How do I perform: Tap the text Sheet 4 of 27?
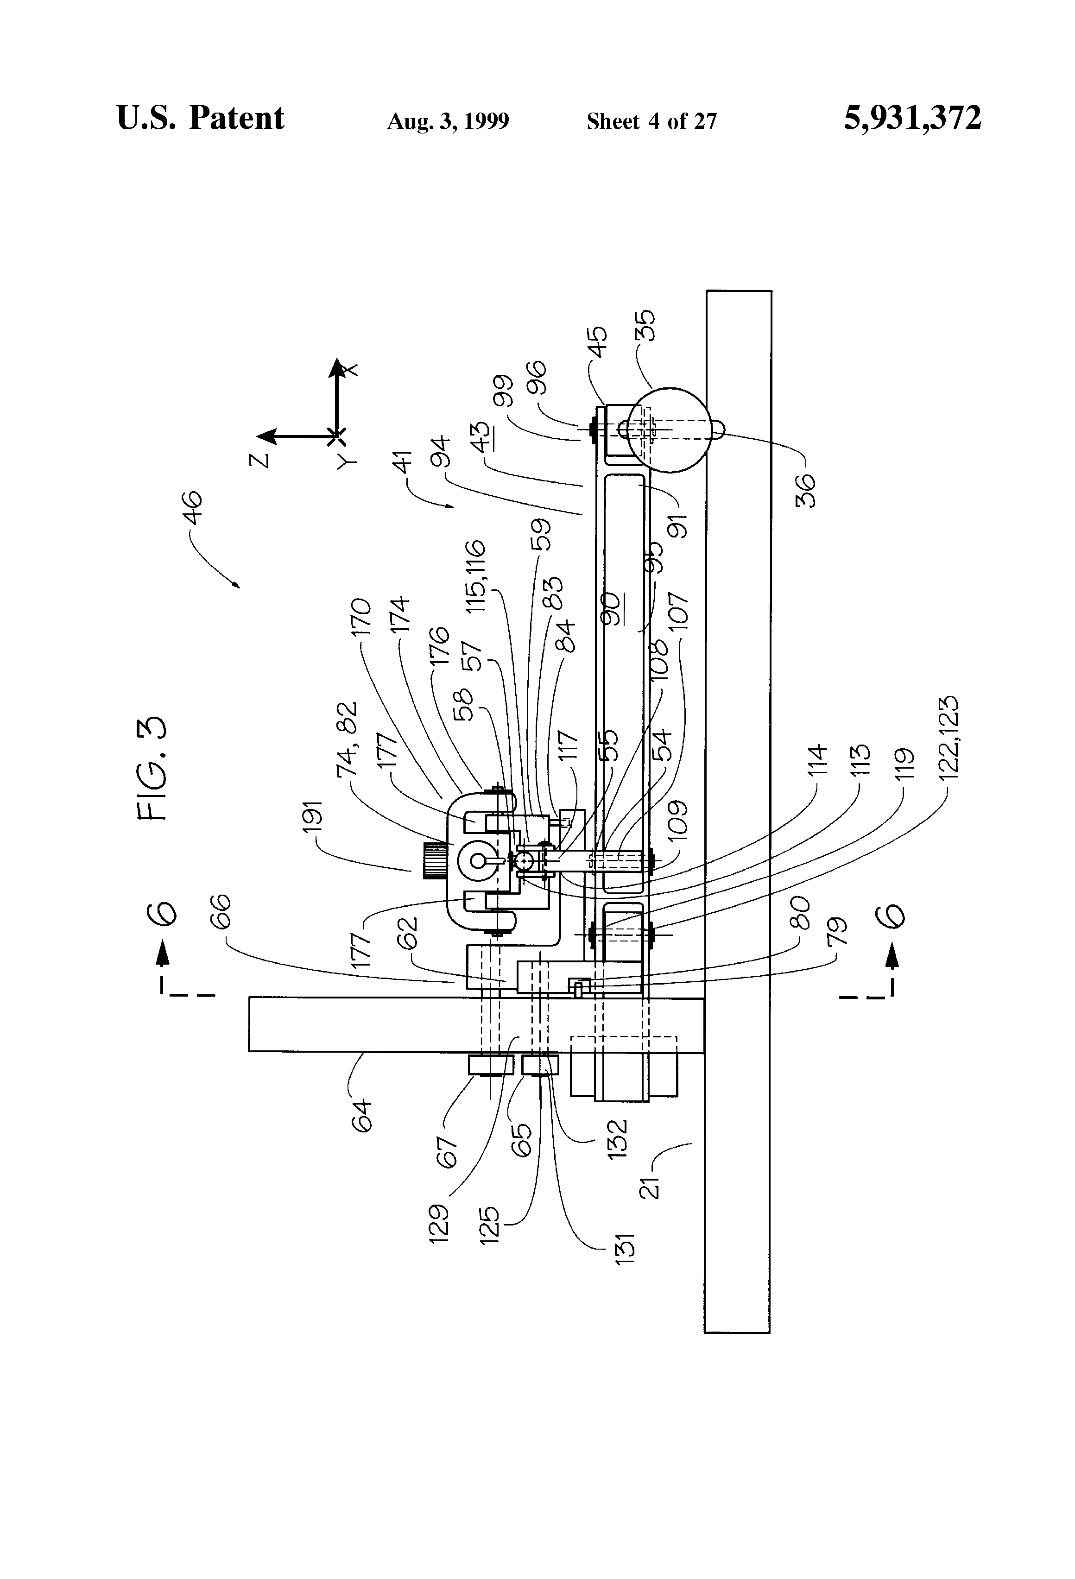(651, 121)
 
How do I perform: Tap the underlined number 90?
(611, 610)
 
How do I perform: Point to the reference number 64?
(362, 1115)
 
